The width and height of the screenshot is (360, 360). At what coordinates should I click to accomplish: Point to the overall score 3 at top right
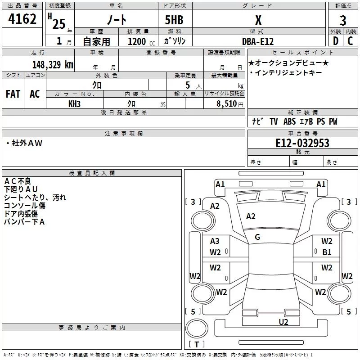[x=343, y=21]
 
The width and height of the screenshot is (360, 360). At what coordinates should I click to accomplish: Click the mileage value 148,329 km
[x=53, y=64]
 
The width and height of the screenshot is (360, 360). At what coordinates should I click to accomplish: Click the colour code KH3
[x=74, y=103]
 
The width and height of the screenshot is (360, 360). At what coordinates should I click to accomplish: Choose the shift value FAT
[x=13, y=94]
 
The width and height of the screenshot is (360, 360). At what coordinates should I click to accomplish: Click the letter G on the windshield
[x=257, y=237]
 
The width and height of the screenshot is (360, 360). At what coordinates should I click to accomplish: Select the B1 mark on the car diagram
[x=327, y=252]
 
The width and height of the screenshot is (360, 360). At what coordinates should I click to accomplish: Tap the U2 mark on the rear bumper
[x=283, y=321]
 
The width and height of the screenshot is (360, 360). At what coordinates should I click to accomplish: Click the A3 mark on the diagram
[x=215, y=241]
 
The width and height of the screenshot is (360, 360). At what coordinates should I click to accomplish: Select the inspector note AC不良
[x=18, y=181]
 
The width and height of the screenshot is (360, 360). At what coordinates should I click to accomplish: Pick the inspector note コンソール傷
[x=24, y=205]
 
